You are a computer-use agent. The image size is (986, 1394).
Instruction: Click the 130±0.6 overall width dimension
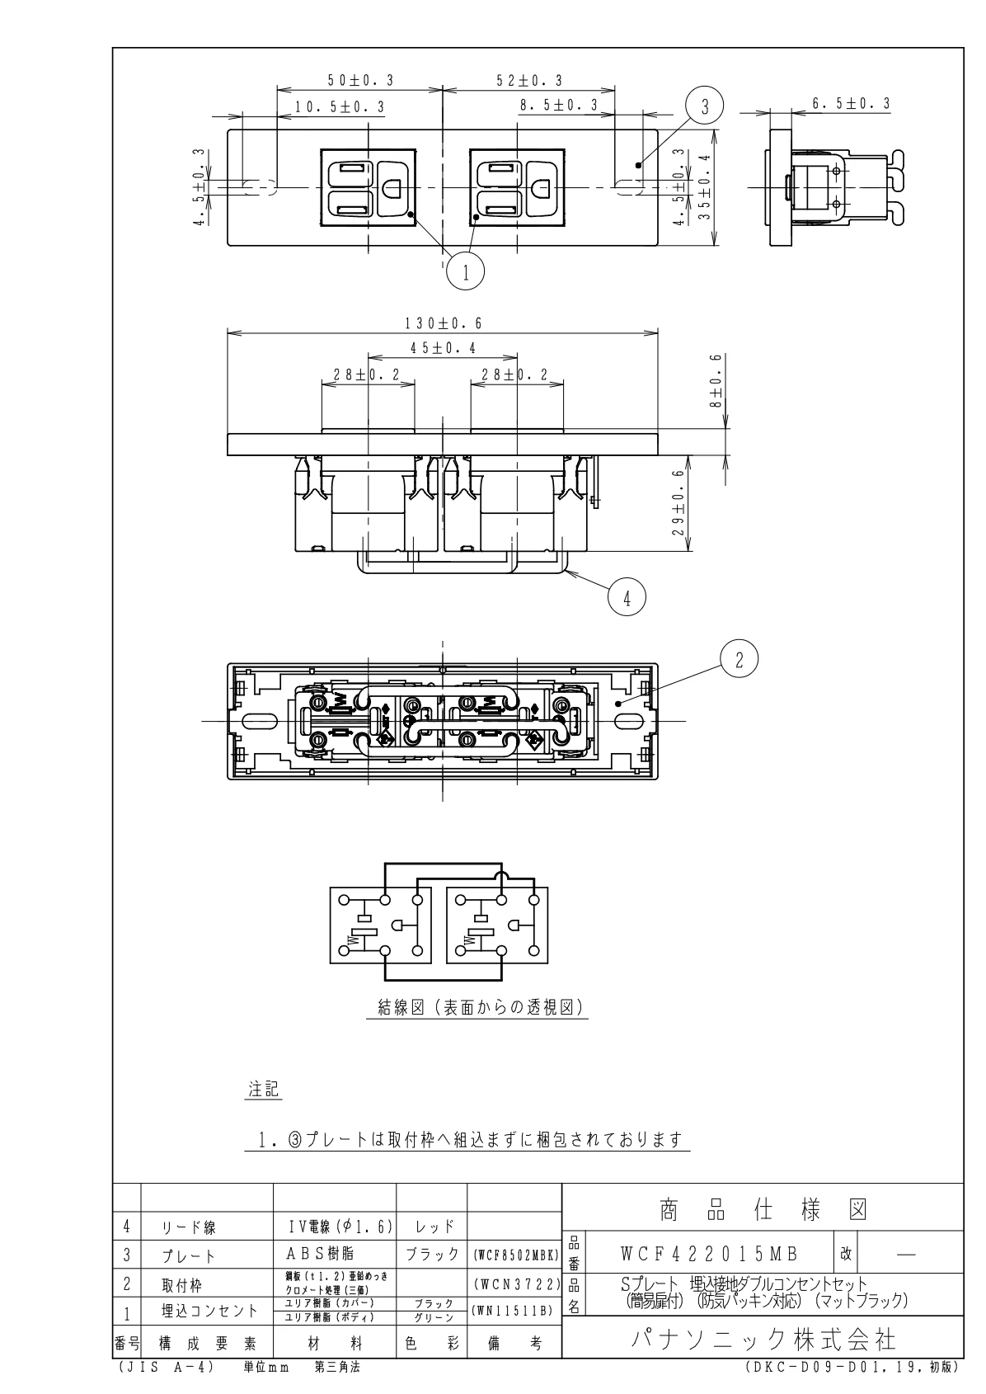point(444,323)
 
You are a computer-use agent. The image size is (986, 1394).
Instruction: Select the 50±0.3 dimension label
point(361,80)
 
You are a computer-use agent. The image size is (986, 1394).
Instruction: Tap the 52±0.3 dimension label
point(529,80)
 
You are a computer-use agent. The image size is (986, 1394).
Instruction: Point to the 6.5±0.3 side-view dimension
point(851,104)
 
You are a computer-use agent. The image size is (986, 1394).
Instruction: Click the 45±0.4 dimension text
point(443,348)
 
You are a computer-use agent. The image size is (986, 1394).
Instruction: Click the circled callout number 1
point(465,271)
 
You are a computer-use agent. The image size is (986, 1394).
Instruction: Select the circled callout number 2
point(739,660)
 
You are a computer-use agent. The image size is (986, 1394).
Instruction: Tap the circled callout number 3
point(705,106)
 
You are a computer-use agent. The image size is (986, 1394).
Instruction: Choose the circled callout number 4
point(627,598)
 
